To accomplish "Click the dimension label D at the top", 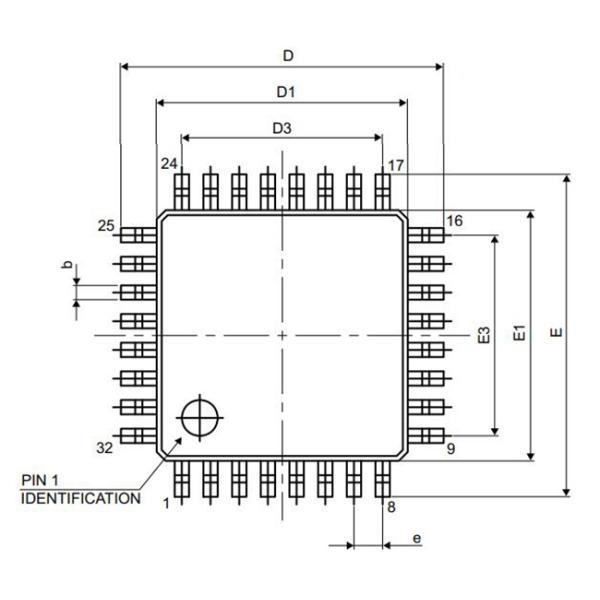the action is pyautogui.click(x=288, y=56).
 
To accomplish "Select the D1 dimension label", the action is pyautogui.click(x=286, y=92).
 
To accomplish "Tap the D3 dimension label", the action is pyautogui.click(x=282, y=128).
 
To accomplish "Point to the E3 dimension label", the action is pyautogui.click(x=484, y=335).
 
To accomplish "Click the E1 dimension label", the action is pyautogui.click(x=519, y=333).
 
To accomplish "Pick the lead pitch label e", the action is pyautogui.click(x=417, y=538).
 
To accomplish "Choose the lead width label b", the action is pyautogui.click(x=67, y=264).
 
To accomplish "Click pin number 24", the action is pyautogui.click(x=169, y=164).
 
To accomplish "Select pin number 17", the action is pyautogui.click(x=396, y=166).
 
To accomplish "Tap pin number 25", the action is pyautogui.click(x=106, y=226).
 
